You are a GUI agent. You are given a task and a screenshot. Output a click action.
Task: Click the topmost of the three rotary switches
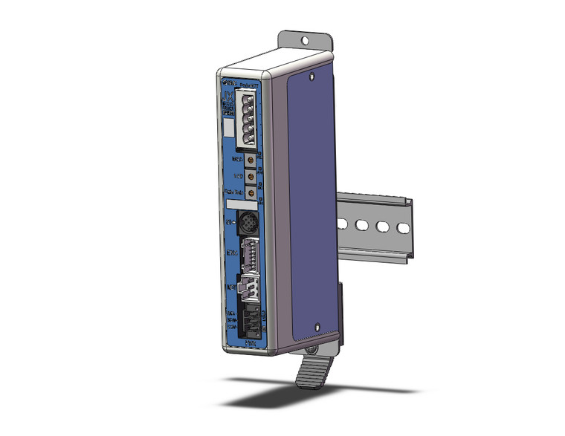click(252, 159)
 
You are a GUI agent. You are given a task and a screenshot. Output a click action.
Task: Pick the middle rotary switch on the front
click(252, 177)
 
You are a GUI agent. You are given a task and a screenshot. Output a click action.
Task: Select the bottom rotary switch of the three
click(252, 195)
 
